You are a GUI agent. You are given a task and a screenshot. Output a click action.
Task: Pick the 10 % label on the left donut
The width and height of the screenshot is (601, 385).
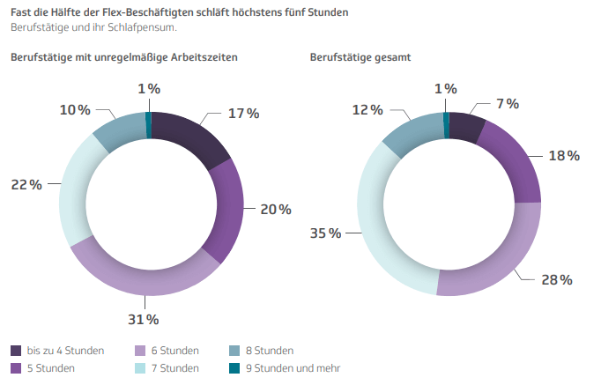[x=75, y=110]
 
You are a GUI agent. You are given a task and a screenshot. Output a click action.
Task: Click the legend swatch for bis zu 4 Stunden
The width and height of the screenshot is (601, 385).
[x=17, y=351]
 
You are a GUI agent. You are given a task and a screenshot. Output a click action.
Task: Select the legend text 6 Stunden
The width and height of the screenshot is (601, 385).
[x=174, y=351]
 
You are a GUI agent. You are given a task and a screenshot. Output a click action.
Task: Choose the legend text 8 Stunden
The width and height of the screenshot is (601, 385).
[x=271, y=351]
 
